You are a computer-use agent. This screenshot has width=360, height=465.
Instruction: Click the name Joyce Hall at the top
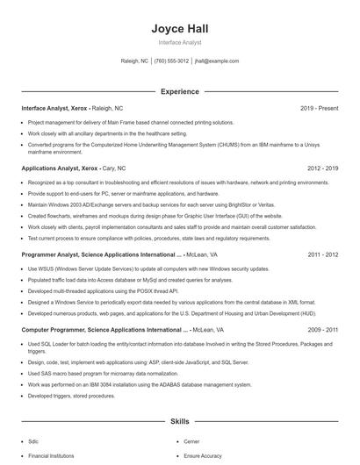179,29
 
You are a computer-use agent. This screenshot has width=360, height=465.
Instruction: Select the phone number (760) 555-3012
171,61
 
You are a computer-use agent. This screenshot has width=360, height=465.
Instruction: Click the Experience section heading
179,91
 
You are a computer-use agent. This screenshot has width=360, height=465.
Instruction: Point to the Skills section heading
179,422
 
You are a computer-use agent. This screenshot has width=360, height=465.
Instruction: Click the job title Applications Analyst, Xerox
60,168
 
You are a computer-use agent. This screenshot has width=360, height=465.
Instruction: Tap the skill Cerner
191,442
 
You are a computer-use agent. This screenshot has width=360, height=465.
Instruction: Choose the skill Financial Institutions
51,456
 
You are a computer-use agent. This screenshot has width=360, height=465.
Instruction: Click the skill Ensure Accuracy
204,456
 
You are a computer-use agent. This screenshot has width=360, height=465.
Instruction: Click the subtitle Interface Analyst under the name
179,42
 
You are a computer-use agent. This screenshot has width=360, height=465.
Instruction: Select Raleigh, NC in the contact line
134,61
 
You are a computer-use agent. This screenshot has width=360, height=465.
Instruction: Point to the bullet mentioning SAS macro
110,372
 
